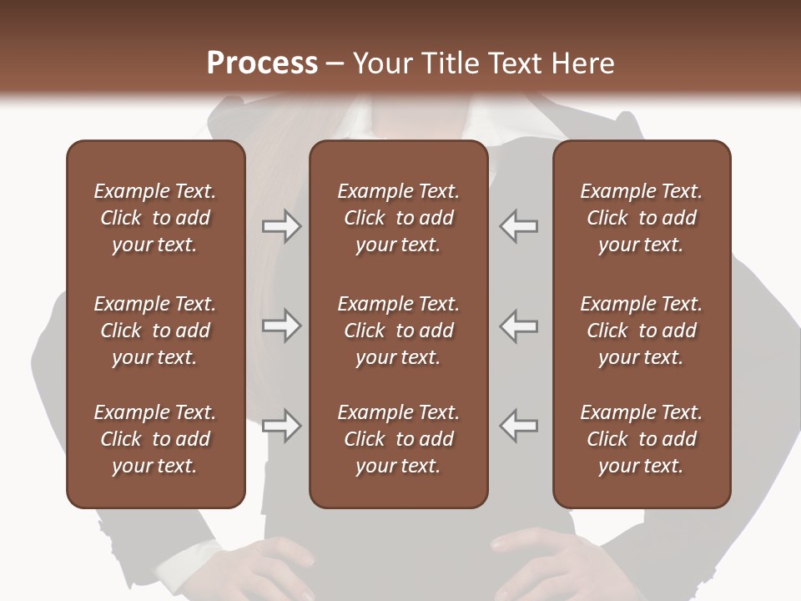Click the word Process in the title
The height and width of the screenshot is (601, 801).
tap(262, 63)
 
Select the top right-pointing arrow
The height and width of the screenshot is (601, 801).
tap(282, 226)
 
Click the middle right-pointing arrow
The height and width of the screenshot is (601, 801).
tap(282, 326)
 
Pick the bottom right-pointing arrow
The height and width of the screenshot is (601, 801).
tap(282, 426)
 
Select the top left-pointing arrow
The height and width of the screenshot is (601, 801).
tap(519, 226)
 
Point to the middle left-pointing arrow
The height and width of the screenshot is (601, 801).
tap(519, 326)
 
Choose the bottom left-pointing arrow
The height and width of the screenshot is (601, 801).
tap(519, 426)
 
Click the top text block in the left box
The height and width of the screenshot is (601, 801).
tap(155, 218)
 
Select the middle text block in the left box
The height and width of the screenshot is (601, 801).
tap(155, 331)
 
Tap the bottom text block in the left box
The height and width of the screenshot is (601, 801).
tap(155, 439)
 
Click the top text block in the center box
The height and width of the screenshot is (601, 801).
tap(398, 218)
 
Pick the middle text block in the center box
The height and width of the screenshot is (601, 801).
tap(398, 331)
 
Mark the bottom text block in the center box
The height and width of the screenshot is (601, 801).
tap(398, 439)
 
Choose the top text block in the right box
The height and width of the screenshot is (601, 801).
tap(641, 218)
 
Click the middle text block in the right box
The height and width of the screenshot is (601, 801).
tap(641, 331)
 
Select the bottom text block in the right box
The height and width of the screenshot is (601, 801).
tap(641, 439)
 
